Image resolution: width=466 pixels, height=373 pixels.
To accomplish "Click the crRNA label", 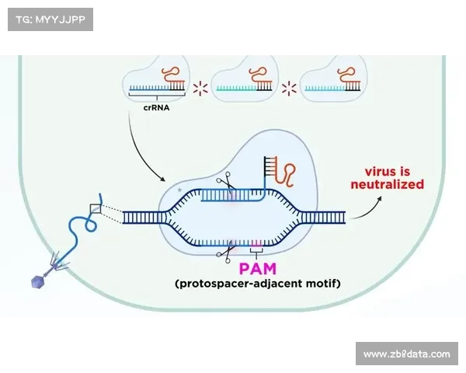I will coord(156,109).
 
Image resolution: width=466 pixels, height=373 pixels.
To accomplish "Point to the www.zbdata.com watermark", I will coord(407,354).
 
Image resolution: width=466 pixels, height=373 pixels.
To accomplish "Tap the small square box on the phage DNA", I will coord(96,208).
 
